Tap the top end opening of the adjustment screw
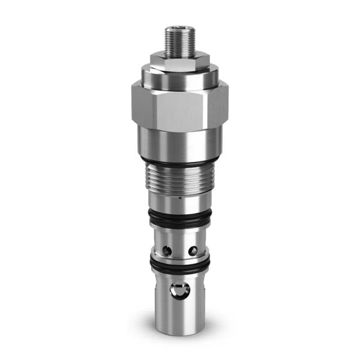pos(179,26)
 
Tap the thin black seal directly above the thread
pos(179,163)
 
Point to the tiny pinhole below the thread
pos(179,196)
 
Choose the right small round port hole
pos(193,248)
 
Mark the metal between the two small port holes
pos(180,247)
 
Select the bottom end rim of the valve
pos(179,331)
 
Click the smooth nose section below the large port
pos(179,315)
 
